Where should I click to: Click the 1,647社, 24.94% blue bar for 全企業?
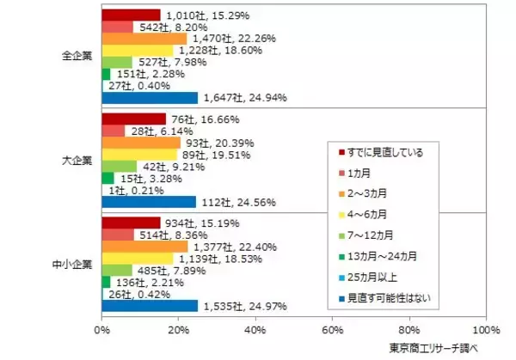150,98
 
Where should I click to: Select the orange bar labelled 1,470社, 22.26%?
144,39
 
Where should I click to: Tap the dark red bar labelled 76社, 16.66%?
133,119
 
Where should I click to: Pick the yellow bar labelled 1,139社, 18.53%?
137,258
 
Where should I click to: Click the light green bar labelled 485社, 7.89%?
117,270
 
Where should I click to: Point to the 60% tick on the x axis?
333,329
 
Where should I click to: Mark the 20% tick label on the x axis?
179,329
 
